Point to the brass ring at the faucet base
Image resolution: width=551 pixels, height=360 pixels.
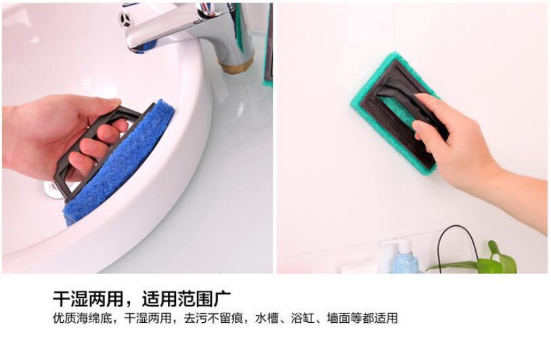click(x=236, y=66)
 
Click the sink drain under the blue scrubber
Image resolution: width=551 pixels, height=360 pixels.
click(x=53, y=191)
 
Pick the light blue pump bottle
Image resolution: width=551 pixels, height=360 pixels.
click(x=405, y=257)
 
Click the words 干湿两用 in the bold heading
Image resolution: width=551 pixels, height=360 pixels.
click(x=88, y=299)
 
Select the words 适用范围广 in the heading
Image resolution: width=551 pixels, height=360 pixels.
click(x=186, y=299)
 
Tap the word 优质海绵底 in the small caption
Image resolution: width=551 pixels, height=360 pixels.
click(x=83, y=318)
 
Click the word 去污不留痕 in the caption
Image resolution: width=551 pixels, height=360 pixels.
click(x=213, y=318)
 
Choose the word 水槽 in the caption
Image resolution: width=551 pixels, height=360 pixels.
click(x=267, y=318)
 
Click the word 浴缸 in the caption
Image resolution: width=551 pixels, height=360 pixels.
click(x=303, y=318)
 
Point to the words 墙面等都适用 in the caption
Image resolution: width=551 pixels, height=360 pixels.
click(x=362, y=318)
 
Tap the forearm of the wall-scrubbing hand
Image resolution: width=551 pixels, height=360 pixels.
click(x=520, y=200)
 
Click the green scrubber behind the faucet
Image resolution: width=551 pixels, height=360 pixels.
click(x=269, y=45)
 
